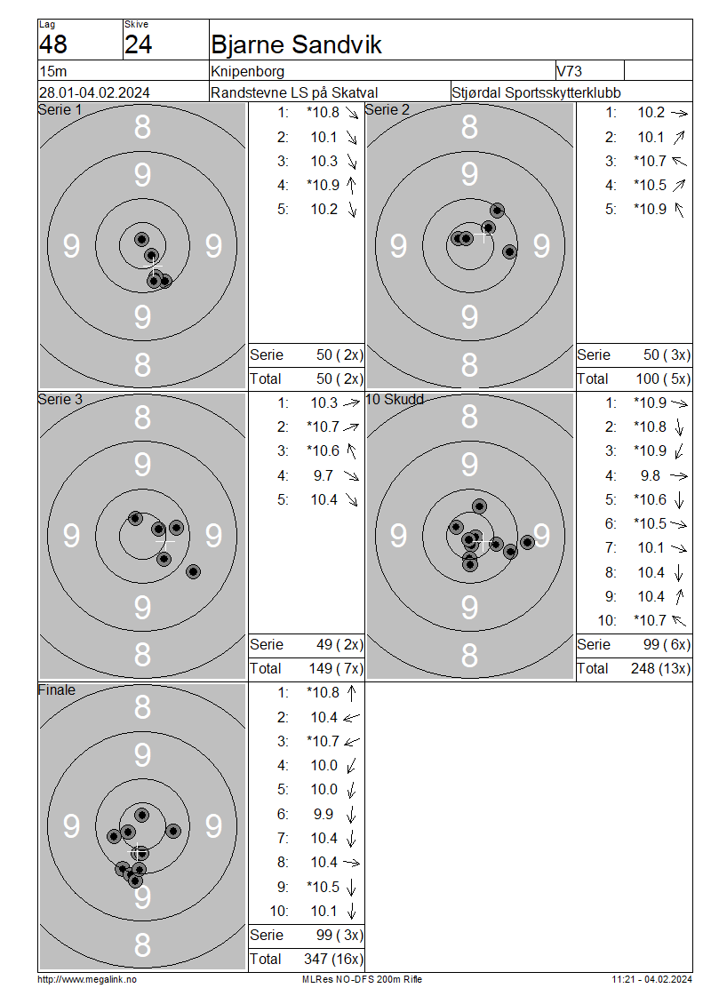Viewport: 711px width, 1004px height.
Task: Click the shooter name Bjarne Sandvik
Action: tap(296, 44)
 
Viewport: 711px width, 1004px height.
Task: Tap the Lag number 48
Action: tap(53, 44)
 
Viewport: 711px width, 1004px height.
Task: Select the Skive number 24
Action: tap(139, 44)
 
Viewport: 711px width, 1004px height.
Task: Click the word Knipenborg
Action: tap(247, 71)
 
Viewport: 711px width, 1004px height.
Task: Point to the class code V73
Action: tap(570, 71)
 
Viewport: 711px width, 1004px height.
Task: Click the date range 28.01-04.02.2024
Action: tap(94, 92)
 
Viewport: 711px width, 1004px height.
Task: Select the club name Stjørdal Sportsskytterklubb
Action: tap(536, 92)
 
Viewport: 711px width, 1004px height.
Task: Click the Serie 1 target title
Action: tap(60, 110)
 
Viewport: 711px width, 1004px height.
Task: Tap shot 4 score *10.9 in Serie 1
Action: tap(323, 185)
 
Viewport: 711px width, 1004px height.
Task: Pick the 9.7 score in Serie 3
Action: tap(324, 475)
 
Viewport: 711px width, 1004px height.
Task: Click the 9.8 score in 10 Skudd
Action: tap(651, 475)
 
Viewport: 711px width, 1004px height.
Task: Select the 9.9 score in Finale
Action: tap(324, 814)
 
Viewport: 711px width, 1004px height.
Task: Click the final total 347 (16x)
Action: tap(333, 960)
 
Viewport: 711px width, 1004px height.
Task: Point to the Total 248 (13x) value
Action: tap(660, 668)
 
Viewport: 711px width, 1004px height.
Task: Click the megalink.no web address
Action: tap(87, 979)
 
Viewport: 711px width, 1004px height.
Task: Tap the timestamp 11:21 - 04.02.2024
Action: tap(651, 979)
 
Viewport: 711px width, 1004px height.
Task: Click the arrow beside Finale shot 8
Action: tap(352, 863)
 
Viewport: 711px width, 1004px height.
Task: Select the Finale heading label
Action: tap(56, 690)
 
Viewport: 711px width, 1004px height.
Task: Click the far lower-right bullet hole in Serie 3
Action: tap(193, 572)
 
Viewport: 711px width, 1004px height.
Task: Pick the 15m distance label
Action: tap(53, 71)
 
